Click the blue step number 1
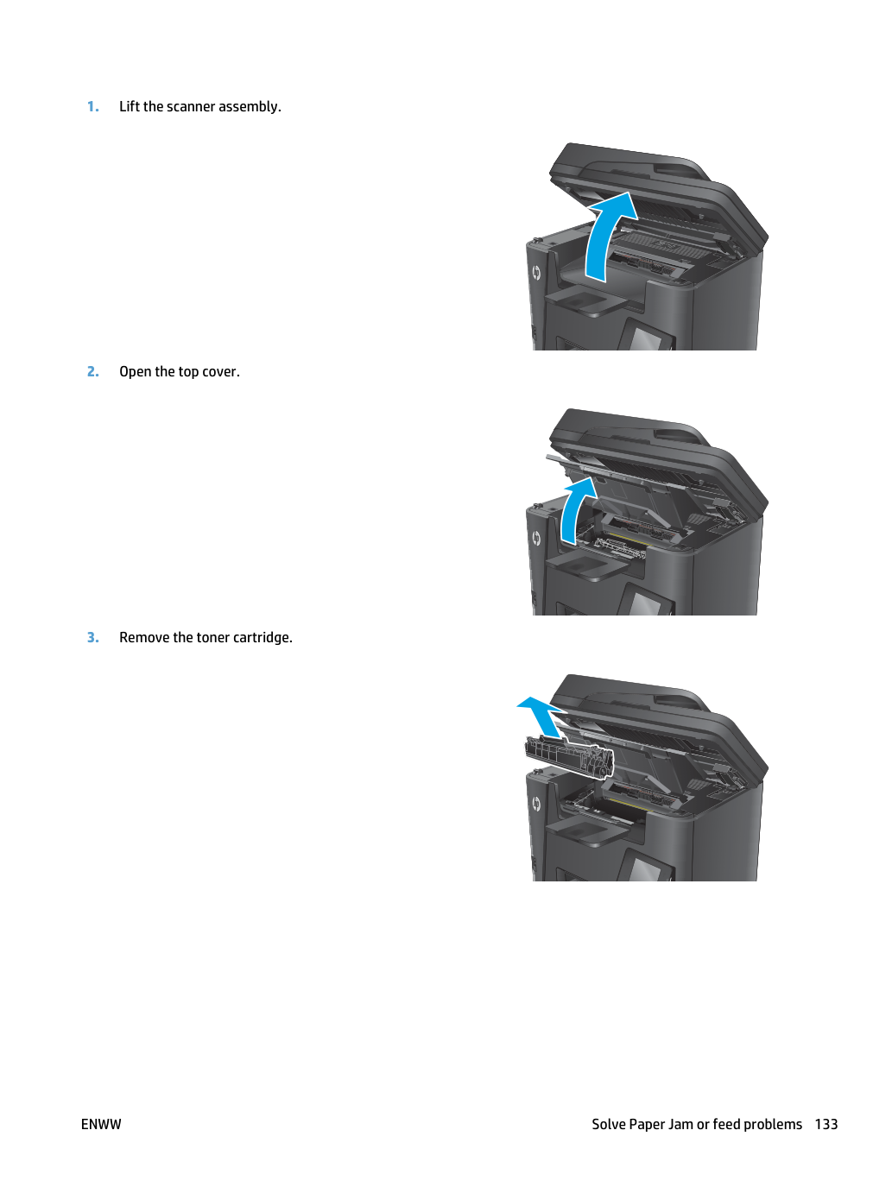(x=93, y=106)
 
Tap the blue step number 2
(x=93, y=371)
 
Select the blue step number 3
(x=93, y=638)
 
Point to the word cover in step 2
(x=221, y=372)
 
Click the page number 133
(x=826, y=1124)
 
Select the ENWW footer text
(x=101, y=1124)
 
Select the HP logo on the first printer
(x=536, y=273)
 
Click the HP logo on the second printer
(x=536, y=539)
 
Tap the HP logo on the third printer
(x=536, y=805)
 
